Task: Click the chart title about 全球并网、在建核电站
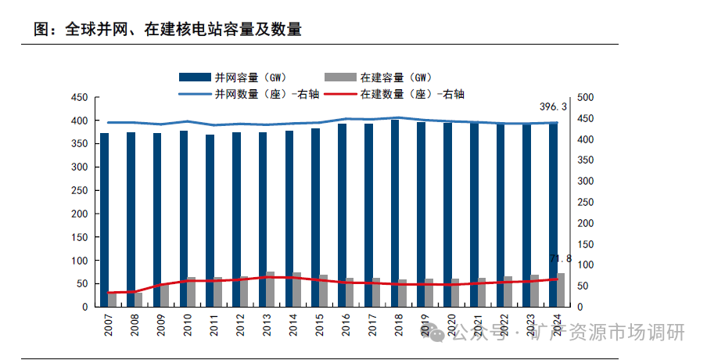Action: [168, 30]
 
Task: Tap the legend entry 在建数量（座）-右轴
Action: [411, 94]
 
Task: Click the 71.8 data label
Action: [561, 258]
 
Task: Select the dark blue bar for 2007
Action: [105, 219]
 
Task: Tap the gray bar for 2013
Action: [271, 289]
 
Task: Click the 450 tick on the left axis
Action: [79, 98]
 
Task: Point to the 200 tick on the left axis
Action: [79, 214]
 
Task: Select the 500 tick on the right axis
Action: [585, 98]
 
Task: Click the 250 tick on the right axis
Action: [585, 202]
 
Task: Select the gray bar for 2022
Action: [508, 291]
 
